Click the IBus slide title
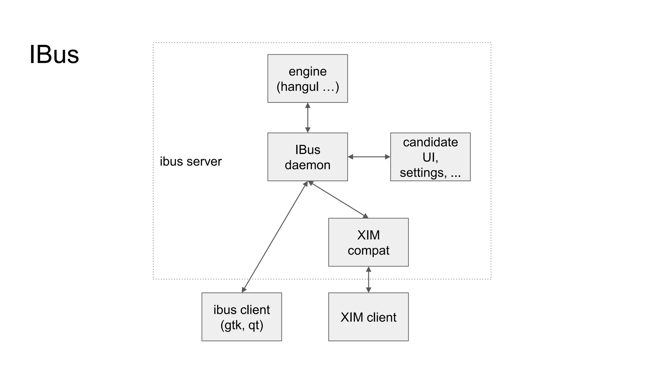coord(54,55)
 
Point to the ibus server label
coord(191,162)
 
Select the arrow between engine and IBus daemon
coord(308,118)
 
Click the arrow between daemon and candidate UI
coord(369,157)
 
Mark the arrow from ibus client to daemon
coord(274,237)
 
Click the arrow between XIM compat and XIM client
coord(369,279)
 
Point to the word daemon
coord(307,165)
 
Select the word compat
coord(368,251)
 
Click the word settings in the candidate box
coord(423,173)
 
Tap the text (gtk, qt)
coord(242,325)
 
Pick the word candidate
coord(430,142)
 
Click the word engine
coord(307,71)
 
